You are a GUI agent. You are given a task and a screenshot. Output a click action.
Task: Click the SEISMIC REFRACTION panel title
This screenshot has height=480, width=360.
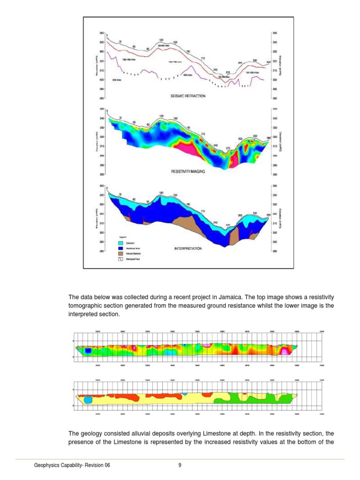coord(187,96)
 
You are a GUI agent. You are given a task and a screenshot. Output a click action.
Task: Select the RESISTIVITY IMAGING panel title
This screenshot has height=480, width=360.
coord(188,172)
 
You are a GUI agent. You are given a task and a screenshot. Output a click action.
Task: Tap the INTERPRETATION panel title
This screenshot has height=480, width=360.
coord(188,248)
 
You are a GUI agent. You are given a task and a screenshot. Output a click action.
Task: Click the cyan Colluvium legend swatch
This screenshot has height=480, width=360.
coord(120,243)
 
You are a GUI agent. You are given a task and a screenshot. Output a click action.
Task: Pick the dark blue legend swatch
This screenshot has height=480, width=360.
coord(120,248)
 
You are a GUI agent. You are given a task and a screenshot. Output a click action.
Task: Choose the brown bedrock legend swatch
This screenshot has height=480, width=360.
coord(120,254)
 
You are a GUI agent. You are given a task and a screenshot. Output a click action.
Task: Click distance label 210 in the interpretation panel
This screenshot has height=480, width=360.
coord(203,211)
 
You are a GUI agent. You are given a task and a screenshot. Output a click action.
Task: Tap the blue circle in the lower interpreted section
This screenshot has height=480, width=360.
coord(88,400)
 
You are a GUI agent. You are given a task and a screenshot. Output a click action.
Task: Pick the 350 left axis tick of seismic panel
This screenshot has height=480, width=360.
coord(102,33)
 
